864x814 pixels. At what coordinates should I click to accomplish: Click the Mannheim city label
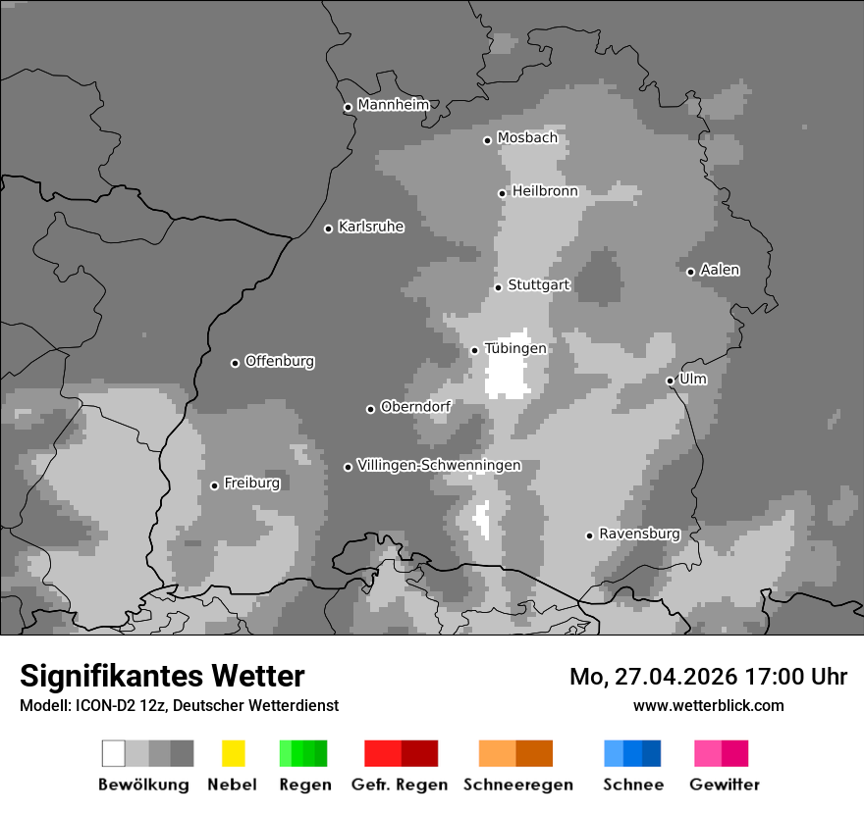393,105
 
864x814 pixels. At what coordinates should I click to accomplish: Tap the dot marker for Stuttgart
499,287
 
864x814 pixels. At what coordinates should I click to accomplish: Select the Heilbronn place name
545,191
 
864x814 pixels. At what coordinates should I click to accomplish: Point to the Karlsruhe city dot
329,229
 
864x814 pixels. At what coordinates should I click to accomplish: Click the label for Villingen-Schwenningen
439,465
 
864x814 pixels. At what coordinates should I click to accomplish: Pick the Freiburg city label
251,483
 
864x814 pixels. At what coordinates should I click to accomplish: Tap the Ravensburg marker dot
589,535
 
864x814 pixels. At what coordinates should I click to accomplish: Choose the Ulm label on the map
692,379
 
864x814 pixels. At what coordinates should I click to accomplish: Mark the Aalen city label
720,270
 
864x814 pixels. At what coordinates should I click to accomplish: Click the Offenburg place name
279,361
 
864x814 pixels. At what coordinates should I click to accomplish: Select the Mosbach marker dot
487,140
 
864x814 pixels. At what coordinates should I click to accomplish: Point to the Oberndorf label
415,406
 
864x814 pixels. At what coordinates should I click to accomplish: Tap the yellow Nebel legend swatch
233,753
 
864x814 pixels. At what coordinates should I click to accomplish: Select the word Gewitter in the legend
724,785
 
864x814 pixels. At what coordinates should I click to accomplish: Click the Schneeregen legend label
517,785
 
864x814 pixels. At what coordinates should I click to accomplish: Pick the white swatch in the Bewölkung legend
114,753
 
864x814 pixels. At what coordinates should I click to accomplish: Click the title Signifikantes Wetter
162,676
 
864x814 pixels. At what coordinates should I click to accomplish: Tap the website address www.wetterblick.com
708,705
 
